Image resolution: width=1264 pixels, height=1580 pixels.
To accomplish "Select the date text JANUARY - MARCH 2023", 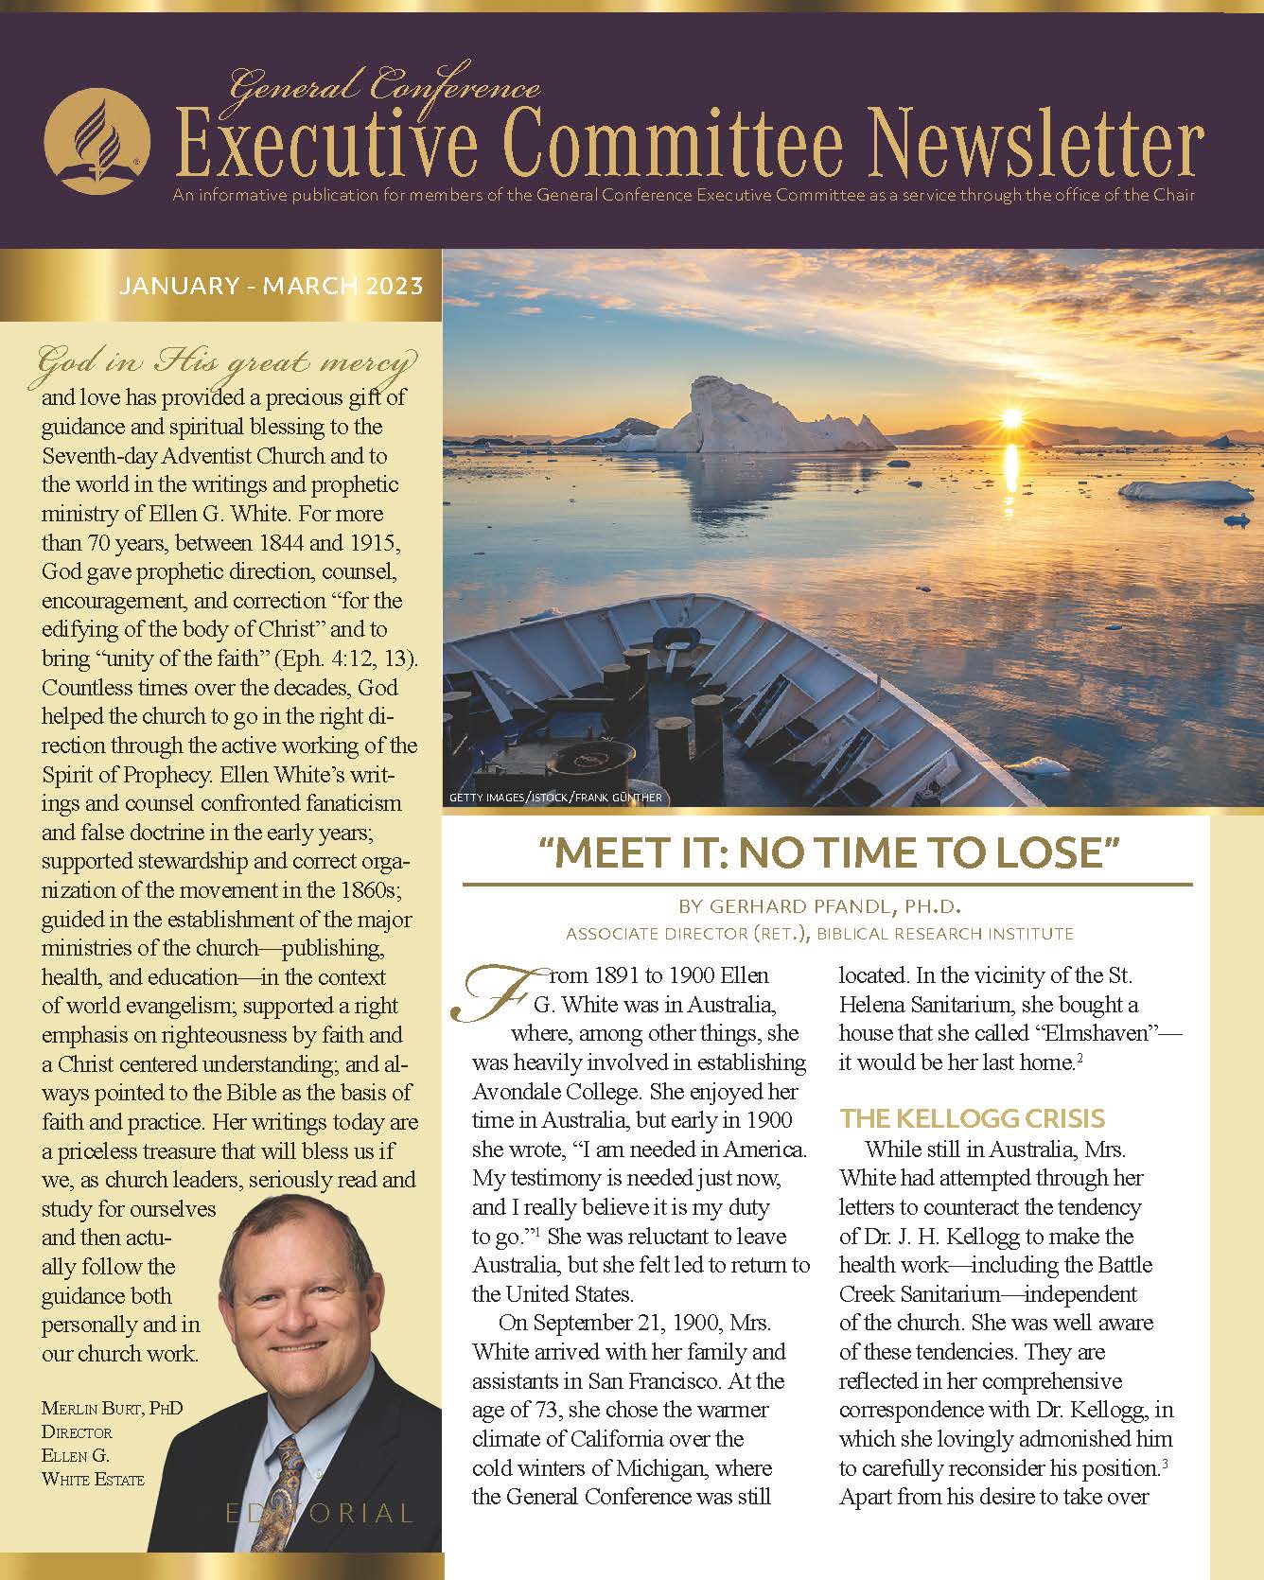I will coord(271,286).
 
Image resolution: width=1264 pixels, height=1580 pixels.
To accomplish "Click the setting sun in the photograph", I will coord(1011,417).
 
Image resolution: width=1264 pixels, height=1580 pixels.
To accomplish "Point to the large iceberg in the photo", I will coord(747,416).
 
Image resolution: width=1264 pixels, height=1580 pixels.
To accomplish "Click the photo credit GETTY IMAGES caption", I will coord(555,798).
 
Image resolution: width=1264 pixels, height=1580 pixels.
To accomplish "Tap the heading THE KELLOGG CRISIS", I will coord(972,1119).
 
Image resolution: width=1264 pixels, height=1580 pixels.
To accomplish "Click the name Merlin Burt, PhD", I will coord(112,1409).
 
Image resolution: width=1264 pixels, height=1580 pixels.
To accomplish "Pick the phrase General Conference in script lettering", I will coord(384,89).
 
